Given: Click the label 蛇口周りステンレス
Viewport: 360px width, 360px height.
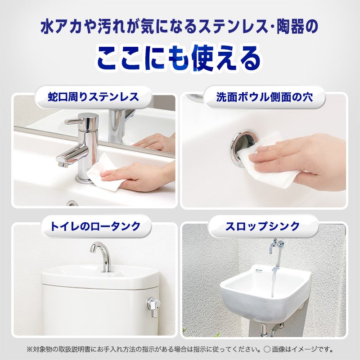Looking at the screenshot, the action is tap(93, 97).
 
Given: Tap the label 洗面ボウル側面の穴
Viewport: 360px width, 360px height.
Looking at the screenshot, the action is tap(264, 97).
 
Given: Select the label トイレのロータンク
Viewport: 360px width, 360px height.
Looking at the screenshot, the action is tap(95, 226).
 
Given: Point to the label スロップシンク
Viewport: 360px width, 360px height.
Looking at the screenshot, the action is tap(262, 226).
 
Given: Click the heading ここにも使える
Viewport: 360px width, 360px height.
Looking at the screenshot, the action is tap(179, 58).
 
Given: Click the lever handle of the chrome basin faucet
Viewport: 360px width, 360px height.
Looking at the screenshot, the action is tap(74, 121).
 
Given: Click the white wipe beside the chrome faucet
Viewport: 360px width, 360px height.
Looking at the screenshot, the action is tap(103, 171).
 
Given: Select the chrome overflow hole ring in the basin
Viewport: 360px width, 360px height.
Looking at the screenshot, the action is tap(242, 147).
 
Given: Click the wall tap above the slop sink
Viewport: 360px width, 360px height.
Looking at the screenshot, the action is tap(276, 246).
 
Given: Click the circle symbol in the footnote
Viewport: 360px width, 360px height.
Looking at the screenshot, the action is tap(267, 350).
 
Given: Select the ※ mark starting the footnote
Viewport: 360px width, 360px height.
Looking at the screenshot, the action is tap(30, 350).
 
